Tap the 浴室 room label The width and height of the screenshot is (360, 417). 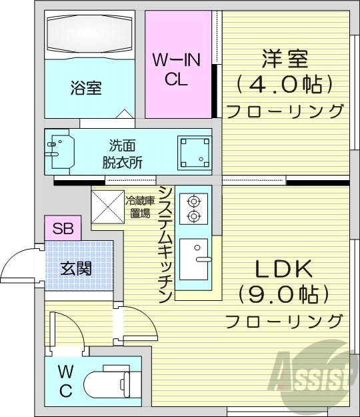pos(86,87)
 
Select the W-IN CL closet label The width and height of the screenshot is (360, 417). pos(176,69)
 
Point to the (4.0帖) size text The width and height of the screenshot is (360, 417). pos(284,85)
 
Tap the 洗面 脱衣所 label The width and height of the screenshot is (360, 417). pos(122,153)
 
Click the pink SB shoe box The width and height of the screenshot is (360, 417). pos(63,228)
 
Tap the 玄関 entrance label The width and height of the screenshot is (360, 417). pos(75,269)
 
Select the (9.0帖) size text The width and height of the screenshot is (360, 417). pos(284,294)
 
